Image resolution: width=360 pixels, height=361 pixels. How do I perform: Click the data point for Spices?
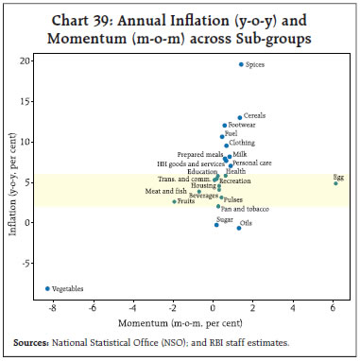pos(241,64)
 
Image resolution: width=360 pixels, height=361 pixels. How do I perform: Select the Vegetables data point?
pos(47,288)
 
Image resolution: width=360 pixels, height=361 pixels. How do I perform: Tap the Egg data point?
pos(335,182)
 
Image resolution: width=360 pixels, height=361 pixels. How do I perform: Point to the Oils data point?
pos(239,228)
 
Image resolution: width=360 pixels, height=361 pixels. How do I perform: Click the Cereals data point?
pos(240,118)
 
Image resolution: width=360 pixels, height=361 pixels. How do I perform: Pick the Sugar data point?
pos(216,225)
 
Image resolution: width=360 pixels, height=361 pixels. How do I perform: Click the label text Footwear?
pos(243,125)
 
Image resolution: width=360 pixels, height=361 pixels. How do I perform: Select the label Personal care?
pos(252,163)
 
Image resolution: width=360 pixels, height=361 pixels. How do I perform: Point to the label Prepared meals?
pos(199,154)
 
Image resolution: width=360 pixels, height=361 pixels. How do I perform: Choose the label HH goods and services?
pos(191,163)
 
